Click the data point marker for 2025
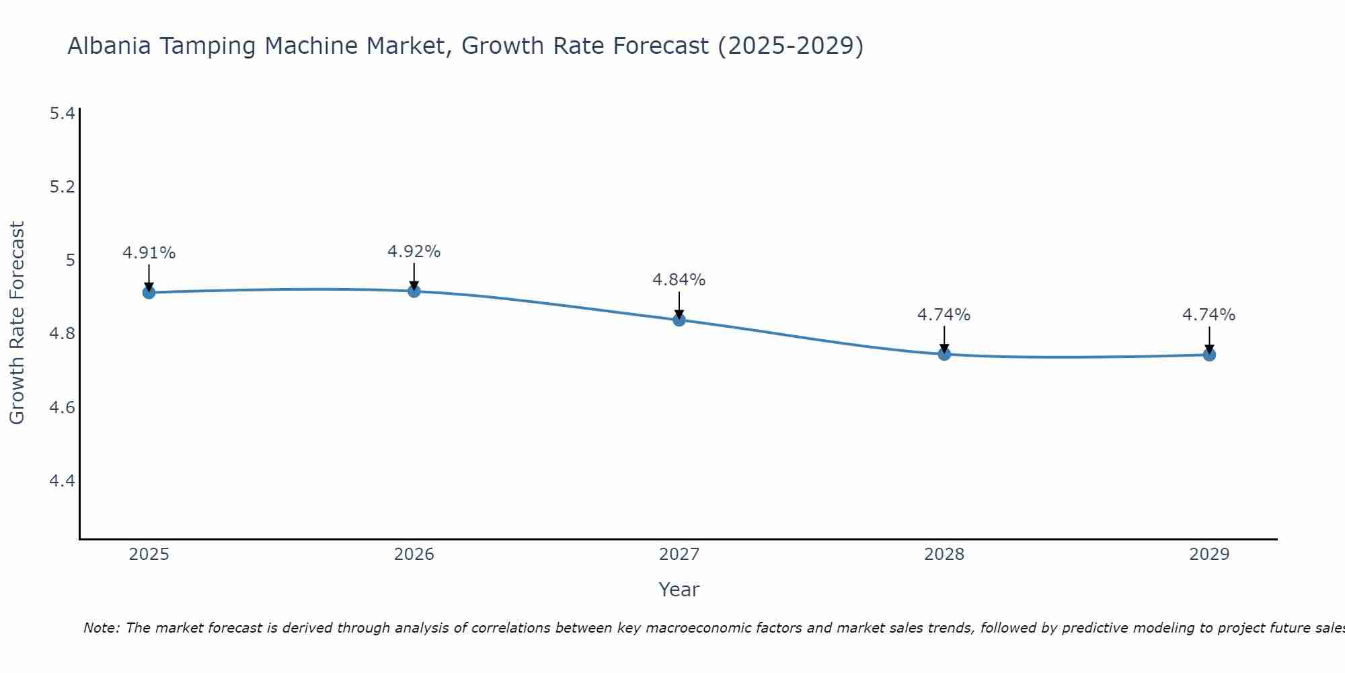pos(149,292)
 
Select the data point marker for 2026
pos(414,291)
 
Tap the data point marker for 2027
pos(679,320)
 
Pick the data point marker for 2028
pos(944,354)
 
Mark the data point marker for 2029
pos(1209,355)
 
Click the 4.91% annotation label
pos(149,253)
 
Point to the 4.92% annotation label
pos(414,252)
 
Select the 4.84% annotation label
pos(679,280)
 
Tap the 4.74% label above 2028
pos(944,315)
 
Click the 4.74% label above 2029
pos(1209,315)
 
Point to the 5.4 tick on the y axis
pos(62,113)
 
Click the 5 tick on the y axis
pos(70,260)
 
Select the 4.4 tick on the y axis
pos(62,481)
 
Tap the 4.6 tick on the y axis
pos(62,407)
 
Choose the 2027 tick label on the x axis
pos(679,555)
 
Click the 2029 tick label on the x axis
pos(1209,555)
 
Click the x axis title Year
pos(679,590)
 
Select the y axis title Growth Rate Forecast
pos(17,323)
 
